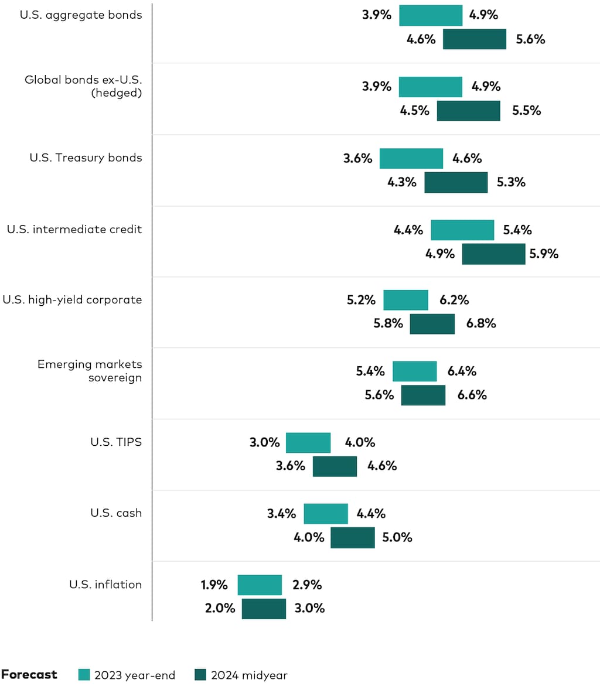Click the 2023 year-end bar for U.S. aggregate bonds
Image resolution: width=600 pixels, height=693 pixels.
[x=431, y=15]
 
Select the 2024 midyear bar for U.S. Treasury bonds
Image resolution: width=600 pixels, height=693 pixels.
[x=456, y=182]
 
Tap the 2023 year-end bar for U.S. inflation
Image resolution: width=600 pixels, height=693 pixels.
[x=260, y=585]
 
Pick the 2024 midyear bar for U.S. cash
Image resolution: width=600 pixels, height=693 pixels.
[x=352, y=538]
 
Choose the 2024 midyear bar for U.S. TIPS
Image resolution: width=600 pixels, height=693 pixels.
[x=335, y=466]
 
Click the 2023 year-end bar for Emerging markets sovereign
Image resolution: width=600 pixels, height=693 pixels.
[x=414, y=371]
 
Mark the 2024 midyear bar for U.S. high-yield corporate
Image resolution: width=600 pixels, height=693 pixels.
[x=432, y=324]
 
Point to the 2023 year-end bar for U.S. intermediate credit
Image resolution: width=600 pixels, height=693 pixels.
[x=462, y=230]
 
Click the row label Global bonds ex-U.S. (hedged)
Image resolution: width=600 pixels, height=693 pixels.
[x=83, y=86]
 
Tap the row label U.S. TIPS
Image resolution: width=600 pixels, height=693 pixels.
[x=116, y=442]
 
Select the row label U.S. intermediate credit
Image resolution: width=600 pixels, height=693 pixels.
[x=74, y=229]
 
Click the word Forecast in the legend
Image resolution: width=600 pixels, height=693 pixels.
[x=29, y=675]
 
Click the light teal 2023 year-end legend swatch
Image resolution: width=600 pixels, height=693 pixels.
[x=84, y=675]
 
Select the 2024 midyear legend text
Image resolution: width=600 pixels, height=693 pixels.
[x=249, y=675]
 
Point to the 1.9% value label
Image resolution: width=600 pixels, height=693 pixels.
[x=214, y=585]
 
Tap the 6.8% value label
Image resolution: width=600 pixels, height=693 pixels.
[x=481, y=323]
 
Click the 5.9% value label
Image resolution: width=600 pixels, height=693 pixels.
[x=544, y=254]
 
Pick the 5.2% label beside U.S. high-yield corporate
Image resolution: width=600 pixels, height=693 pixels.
[x=361, y=300]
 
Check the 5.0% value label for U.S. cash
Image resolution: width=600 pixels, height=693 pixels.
[x=397, y=537]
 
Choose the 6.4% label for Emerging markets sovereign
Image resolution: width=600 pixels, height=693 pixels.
[x=462, y=371]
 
